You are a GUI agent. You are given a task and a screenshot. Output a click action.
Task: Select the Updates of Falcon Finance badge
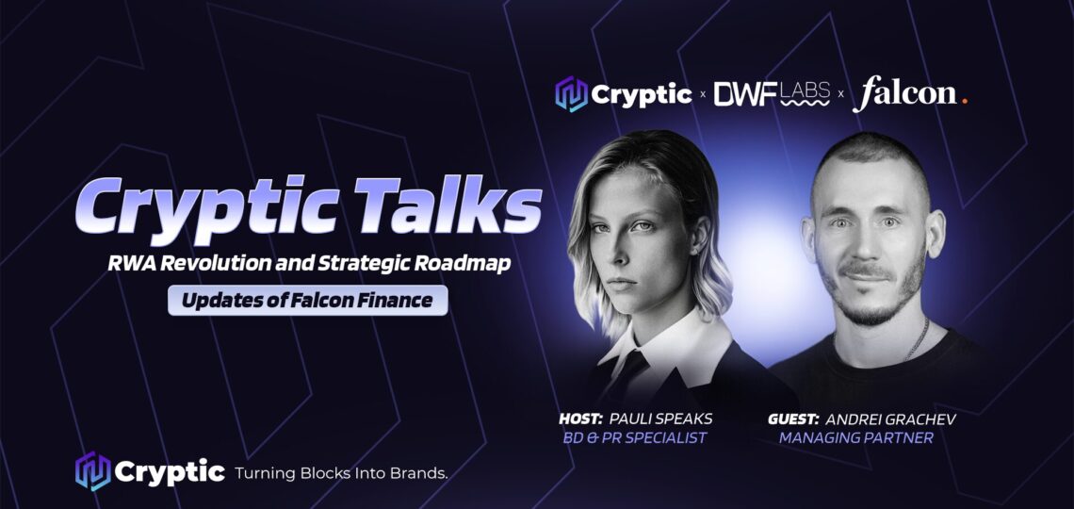pyautogui.click(x=308, y=301)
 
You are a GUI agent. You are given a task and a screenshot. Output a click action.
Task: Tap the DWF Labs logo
pyautogui.click(x=773, y=94)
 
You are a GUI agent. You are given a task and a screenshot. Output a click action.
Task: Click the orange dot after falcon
pyautogui.click(x=964, y=100)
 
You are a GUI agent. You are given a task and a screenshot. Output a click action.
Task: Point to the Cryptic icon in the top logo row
pyautogui.click(x=571, y=94)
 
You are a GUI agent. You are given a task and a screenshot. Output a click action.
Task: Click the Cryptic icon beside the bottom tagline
pyautogui.click(x=92, y=471)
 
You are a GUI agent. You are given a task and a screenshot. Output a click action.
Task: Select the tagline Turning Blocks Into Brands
pyautogui.click(x=341, y=472)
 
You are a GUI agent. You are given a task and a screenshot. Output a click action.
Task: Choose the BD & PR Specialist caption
pyautogui.click(x=634, y=437)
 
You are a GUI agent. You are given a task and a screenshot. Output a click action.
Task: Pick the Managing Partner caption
pyautogui.click(x=855, y=437)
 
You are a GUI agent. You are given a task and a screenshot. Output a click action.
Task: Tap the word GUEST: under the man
pyautogui.click(x=793, y=418)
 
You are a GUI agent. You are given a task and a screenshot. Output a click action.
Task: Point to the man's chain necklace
pyautogui.click(x=917, y=340)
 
